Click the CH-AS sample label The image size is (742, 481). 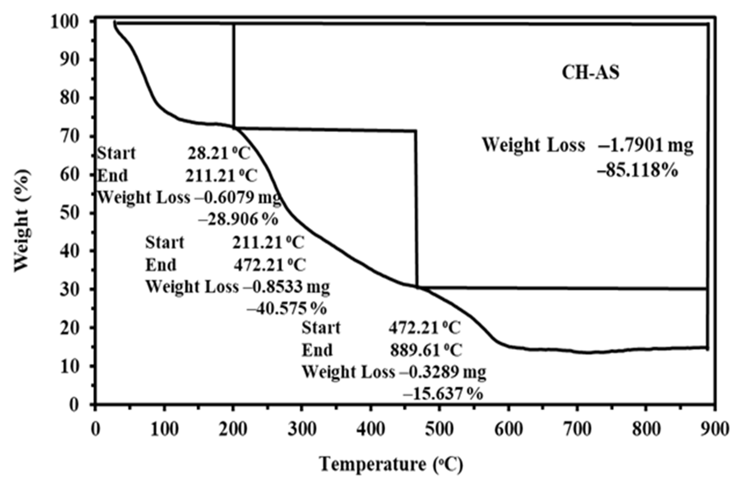coord(590,73)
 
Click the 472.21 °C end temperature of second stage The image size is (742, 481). coord(270,265)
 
